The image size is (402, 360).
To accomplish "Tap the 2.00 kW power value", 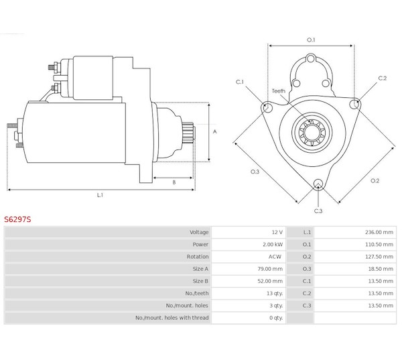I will (x=272, y=244).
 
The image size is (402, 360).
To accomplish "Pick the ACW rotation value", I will (x=275, y=257).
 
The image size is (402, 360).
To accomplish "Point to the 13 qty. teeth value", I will (x=273, y=293).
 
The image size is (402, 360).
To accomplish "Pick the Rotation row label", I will (x=197, y=257).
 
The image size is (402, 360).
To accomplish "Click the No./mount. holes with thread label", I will (x=172, y=318).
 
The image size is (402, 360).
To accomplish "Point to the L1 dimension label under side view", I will (x=99, y=195).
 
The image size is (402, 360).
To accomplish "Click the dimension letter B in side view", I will (x=174, y=182).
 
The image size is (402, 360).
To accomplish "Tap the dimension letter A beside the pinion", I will (x=214, y=131).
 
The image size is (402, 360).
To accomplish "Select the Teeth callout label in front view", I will (x=278, y=91).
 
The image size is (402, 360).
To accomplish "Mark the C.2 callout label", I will (x=383, y=78).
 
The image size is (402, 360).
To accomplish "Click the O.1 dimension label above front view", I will (x=311, y=40).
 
